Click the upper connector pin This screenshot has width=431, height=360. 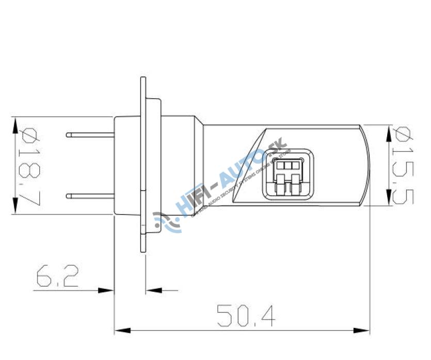pos(90,135)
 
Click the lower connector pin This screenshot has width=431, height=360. pos(90,195)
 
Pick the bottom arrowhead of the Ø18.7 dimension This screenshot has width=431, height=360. pos(15,207)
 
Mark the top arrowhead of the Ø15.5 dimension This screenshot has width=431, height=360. pos(388,132)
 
